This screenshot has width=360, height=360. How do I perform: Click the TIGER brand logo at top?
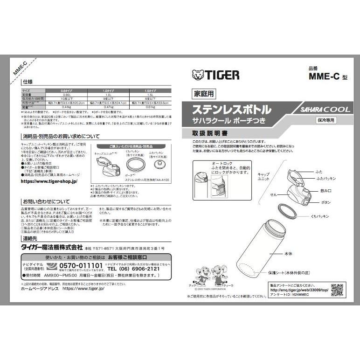(x=215, y=75)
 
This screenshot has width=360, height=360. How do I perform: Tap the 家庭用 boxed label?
(x=203, y=94)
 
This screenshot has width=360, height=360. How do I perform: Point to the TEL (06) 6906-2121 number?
(x=133, y=269)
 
